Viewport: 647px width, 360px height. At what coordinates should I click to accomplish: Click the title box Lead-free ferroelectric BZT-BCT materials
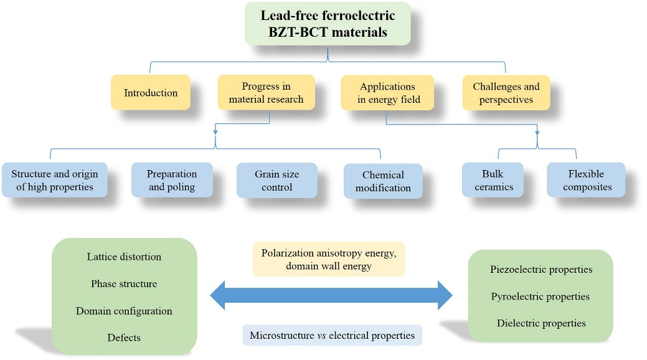click(x=328, y=24)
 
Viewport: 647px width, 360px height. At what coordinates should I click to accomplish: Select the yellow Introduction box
click(x=151, y=93)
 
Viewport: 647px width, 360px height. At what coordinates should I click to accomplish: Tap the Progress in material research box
click(x=266, y=93)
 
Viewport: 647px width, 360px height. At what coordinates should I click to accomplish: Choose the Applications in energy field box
click(x=388, y=93)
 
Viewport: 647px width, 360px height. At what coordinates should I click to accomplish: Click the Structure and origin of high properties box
click(x=55, y=180)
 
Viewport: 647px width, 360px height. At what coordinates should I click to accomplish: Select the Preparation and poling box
click(x=172, y=180)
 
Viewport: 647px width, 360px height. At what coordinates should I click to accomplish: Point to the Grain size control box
click(x=277, y=181)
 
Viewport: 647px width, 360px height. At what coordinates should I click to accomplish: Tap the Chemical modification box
click(x=383, y=181)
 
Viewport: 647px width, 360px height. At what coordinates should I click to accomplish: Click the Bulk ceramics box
click(x=492, y=180)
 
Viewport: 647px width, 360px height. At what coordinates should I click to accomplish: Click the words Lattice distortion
click(x=125, y=257)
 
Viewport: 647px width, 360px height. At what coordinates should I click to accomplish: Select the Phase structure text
click(x=125, y=283)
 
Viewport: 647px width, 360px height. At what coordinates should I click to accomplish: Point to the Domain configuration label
click(x=125, y=311)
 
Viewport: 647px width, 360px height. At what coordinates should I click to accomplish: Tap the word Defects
click(x=125, y=338)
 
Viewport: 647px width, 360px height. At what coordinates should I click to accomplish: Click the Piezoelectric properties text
click(x=541, y=270)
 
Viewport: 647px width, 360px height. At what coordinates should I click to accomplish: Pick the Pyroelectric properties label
click(x=541, y=296)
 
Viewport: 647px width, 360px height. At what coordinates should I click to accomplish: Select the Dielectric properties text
click(x=541, y=323)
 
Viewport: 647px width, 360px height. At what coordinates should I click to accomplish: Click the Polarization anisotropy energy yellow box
click(x=329, y=259)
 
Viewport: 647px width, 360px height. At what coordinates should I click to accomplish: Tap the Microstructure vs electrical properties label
click(x=332, y=335)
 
